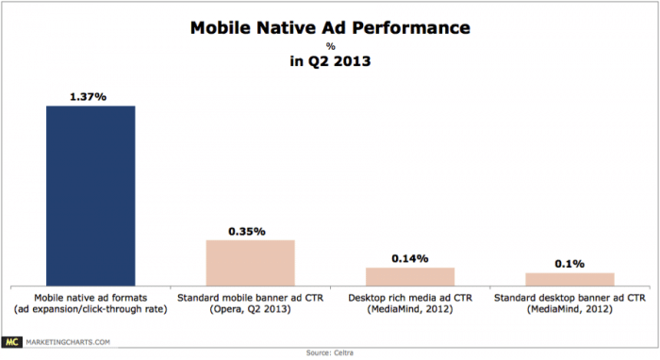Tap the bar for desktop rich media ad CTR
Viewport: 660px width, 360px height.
pyautogui.click(x=410, y=275)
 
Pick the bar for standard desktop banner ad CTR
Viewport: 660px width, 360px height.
pyautogui.click(x=569, y=278)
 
